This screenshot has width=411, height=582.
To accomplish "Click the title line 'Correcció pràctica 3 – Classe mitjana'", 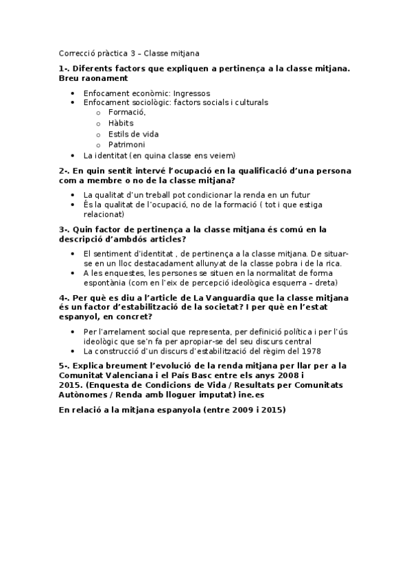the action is [x=130, y=53].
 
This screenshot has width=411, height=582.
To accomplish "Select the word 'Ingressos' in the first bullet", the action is [x=191, y=93].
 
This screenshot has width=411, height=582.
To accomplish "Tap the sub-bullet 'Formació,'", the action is [x=127, y=112].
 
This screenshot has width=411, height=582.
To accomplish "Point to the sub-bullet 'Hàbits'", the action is [x=121, y=123].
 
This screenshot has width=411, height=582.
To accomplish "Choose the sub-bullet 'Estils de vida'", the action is [x=133, y=134].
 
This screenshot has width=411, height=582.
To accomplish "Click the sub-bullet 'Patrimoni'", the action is [x=126, y=145].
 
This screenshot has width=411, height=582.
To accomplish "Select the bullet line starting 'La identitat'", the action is [x=158, y=156].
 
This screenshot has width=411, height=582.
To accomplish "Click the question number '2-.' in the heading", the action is [x=65, y=170].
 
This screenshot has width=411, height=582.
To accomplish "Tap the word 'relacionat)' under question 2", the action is [x=103, y=214].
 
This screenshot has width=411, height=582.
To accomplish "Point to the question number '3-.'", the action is [x=65, y=229].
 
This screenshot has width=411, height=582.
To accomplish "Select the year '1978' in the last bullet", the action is [x=312, y=351].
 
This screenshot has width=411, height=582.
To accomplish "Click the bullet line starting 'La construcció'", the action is [x=192, y=351].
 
